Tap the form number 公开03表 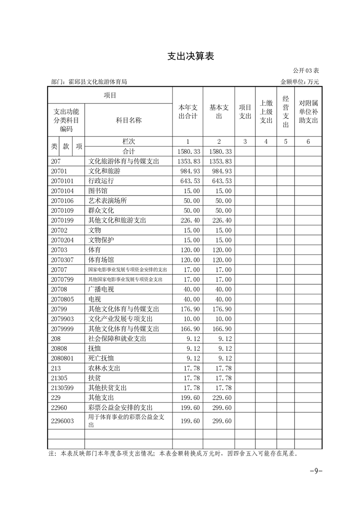[x=306, y=71]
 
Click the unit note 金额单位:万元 [x=300, y=82]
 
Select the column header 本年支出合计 [x=187, y=112]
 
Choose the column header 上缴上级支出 [x=266, y=112]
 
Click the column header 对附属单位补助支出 [x=308, y=112]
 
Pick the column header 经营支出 [x=286, y=112]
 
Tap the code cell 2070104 [x=63, y=191]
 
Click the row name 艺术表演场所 [x=108, y=201]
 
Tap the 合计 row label [x=128, y=152]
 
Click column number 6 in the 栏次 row [x=308, y=142]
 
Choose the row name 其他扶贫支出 [x=108, y=388]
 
